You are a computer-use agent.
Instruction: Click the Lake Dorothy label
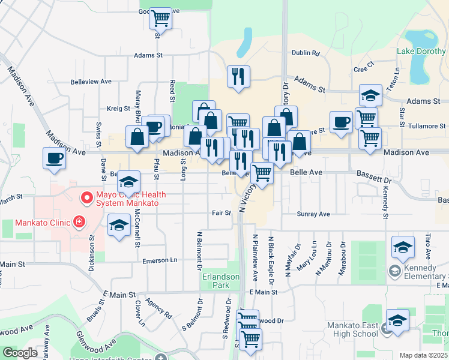(x=420, y=51)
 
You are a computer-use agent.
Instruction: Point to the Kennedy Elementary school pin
(x=394, y=271)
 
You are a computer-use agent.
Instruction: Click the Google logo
(x=20, y=353)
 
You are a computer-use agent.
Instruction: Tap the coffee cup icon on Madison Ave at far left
(x=54, y=158)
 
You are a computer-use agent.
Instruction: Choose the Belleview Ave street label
(x=91, y=81)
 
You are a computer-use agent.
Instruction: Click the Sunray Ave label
(x=313, y=214)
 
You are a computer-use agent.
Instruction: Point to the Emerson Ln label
(x=160, y=260)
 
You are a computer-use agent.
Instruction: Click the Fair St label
(x=221, y=212)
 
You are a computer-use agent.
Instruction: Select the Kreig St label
(x=118, y=109)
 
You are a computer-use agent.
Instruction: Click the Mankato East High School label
(x=352, y=330)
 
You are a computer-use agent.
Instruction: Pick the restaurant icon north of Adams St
(x=238, y=76)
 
